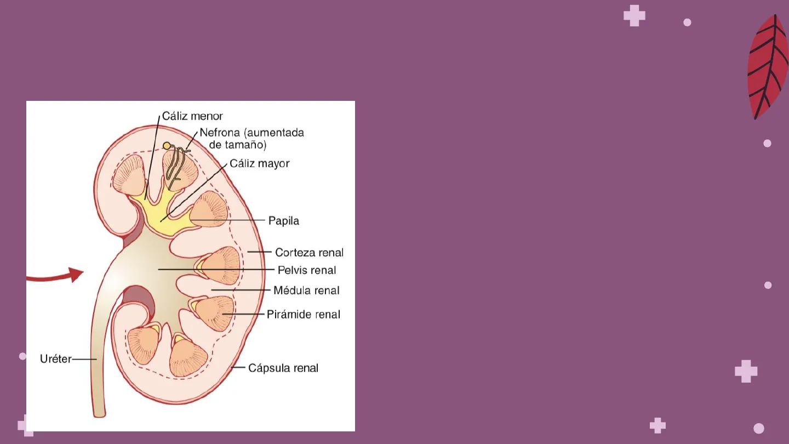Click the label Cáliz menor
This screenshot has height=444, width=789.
[192, 116]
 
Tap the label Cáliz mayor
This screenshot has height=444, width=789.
[259, 163]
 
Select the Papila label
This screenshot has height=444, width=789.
[283, 221]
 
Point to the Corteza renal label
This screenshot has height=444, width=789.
[309, 253]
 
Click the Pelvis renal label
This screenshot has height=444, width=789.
[307, 270]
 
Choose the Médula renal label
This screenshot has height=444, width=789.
[306, 291]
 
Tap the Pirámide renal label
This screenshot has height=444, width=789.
[303, 315]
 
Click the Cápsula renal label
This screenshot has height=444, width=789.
[283, 368]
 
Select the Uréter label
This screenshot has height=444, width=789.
[55, 360]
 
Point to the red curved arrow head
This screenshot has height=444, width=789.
[76, 274]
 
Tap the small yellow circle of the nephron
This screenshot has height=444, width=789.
[167, 146]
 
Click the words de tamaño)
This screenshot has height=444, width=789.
[238, 145]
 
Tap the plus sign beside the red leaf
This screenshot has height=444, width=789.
[634, 15]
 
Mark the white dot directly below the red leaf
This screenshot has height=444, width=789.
[767, 144]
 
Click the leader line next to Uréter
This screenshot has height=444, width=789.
[84, 360]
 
